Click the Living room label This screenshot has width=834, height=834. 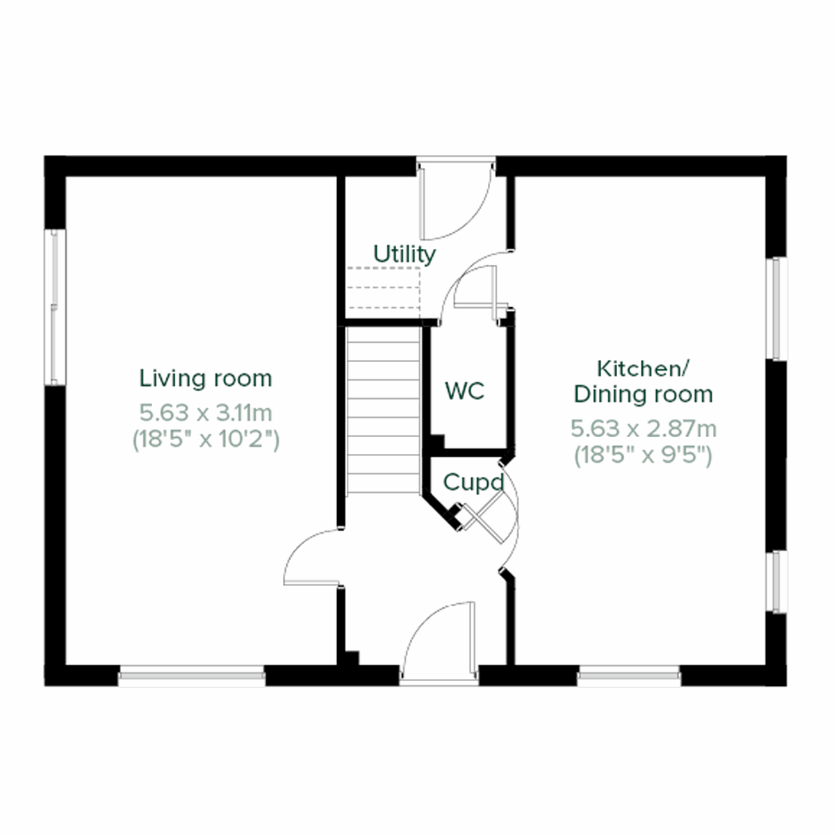(x=206, y=379)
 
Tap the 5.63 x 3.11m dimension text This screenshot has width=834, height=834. (x=206, y=413)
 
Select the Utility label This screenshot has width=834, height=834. (x=404, y=254)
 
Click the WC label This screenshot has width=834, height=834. (x=464, y=391)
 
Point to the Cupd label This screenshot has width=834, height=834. (x=473, y=482)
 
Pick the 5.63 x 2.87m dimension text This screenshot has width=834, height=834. (x=643, y=429)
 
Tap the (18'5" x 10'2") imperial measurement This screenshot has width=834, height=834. (x=206, y=439)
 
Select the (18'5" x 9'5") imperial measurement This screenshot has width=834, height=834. (x=643, y=455)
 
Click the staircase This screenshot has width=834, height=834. (x=383, y=410)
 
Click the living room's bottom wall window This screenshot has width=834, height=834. (x=192, y=675)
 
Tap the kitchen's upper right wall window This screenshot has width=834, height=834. (x=776, y=309)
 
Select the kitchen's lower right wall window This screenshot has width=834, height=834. (x=776, y=582)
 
